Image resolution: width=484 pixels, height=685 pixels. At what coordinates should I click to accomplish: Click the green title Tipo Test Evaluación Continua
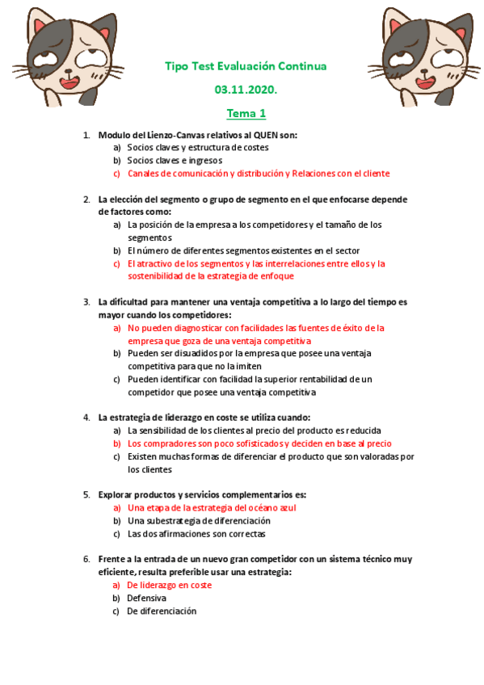click(x=246, y=66)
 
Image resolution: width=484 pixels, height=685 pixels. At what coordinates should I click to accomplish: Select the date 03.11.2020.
click(x=246, y=90)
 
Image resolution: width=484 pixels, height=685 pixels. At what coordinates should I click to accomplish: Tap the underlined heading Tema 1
click(x=246, y=113)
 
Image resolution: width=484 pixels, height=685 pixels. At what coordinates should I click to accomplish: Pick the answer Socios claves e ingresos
click(x=175, y=160)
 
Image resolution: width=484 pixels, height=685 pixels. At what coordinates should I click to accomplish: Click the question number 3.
click(x=86, y=302)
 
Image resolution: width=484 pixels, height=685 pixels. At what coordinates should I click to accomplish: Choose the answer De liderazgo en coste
click(x=170, y=585)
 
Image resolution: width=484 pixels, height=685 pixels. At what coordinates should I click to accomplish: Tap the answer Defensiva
click(x=146, y=598)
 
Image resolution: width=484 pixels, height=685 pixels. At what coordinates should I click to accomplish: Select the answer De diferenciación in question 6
click(x=162, y=611)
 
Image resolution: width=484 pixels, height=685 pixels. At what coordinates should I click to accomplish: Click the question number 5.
click(x=86, y=494)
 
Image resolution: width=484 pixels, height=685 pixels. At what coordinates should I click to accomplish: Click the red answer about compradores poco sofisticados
click(x=259, y=443)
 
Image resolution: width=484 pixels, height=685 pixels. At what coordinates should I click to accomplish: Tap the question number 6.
click(x=86, y=559)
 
